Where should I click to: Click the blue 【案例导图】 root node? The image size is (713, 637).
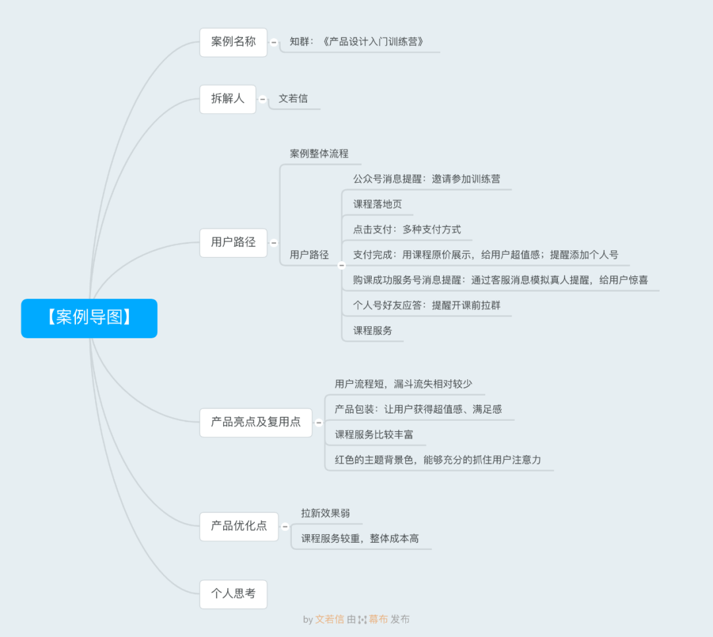pyautogui.click(x=89, y=318)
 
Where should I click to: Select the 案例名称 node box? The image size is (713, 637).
pyautogui.click(x=233, y=42)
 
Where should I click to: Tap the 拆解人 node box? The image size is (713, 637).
pyautogui.click(x=228, y=99)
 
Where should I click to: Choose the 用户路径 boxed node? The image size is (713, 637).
pyautogui.click(x=233, y=243)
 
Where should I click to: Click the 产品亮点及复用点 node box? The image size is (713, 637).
pyautogui.click(x=255, y=422)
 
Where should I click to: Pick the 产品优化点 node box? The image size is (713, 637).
pyautogui.click(x=239, y=526)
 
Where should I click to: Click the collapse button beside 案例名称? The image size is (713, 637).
pyautogui.click(x=274, y=42)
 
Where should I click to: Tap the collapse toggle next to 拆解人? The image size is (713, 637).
pyautogui.click(x=263, y=100)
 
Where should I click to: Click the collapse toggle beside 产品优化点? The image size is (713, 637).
pyautogui.click(x=285, y=526)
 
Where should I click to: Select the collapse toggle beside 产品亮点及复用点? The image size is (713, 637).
pyautogui.click(x=319, y=422)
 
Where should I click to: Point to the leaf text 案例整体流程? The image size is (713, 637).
pyautogui.click(x=319, y=154)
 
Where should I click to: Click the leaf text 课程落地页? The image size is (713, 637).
pyautogui.click(x=377, y=204)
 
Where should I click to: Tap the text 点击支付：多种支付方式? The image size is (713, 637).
pyautogui.click(x=407, y=230)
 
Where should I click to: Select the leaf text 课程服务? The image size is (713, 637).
pyautogui.click(x=372, y=331)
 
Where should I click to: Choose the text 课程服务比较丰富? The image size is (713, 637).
pyautogui.click(x=374, y=435)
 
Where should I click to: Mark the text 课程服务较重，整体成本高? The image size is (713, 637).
pyautogui.click(x=360, y=539)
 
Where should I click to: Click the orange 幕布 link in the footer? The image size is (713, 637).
pyautogui.click(x=378, y=620)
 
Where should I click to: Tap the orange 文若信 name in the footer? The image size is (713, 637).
pyautogui.click(x=329, y=620)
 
